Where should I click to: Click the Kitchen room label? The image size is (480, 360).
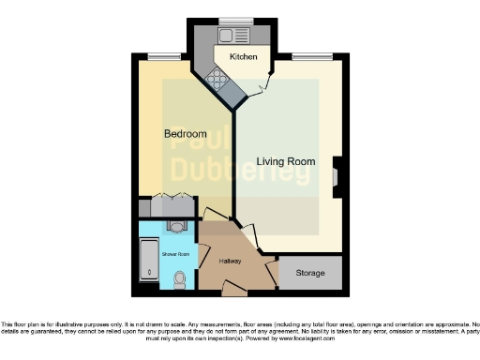[x=244, y=57]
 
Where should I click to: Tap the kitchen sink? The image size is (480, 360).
[x=228, y=36]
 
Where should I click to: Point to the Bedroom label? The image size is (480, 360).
[x=185, y=134]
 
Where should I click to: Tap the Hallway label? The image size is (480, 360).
[x=231, y=261]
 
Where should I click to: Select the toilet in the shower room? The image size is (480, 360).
[x=180, y=278]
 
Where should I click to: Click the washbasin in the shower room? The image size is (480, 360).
[x=177, y=227]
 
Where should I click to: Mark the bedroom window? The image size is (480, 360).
[x=170, y=54]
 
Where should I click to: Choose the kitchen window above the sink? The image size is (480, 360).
[x=232, y=22]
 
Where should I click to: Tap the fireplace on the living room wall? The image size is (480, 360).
[x=337, y=176]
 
